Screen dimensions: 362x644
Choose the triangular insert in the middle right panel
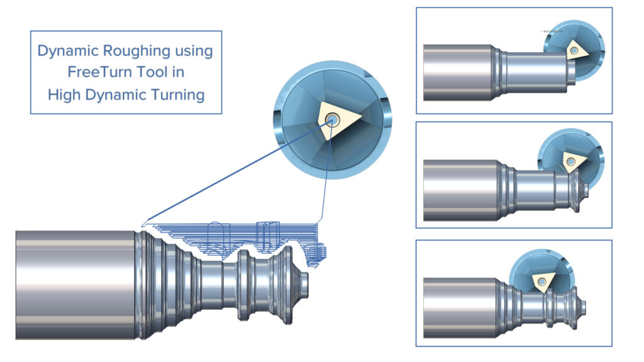pos(570,162)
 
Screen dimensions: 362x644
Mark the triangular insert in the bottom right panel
pos(540,282)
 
